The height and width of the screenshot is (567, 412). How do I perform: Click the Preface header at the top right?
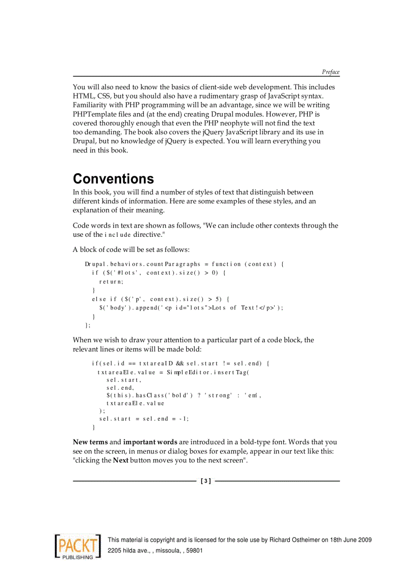click(331, 72)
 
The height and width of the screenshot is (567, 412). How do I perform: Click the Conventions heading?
click(113, 179)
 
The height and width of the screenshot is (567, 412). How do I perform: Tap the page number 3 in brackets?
click(205, 481)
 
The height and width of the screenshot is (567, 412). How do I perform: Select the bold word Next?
click(120, 460)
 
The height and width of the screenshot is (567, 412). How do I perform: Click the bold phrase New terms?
click(90, 442)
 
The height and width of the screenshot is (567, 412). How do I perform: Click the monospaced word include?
click(118, 235)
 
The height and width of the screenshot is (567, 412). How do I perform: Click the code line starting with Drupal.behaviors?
click(184, 264)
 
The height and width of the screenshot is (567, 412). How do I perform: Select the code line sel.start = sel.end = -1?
click(144, 419)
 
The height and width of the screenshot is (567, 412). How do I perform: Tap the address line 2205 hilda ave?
click(155, 550)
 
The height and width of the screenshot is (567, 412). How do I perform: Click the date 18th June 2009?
click(347, 540)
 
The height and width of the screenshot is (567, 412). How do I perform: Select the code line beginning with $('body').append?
click(191, 308)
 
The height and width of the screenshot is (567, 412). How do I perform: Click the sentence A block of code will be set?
click(131, 249)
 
